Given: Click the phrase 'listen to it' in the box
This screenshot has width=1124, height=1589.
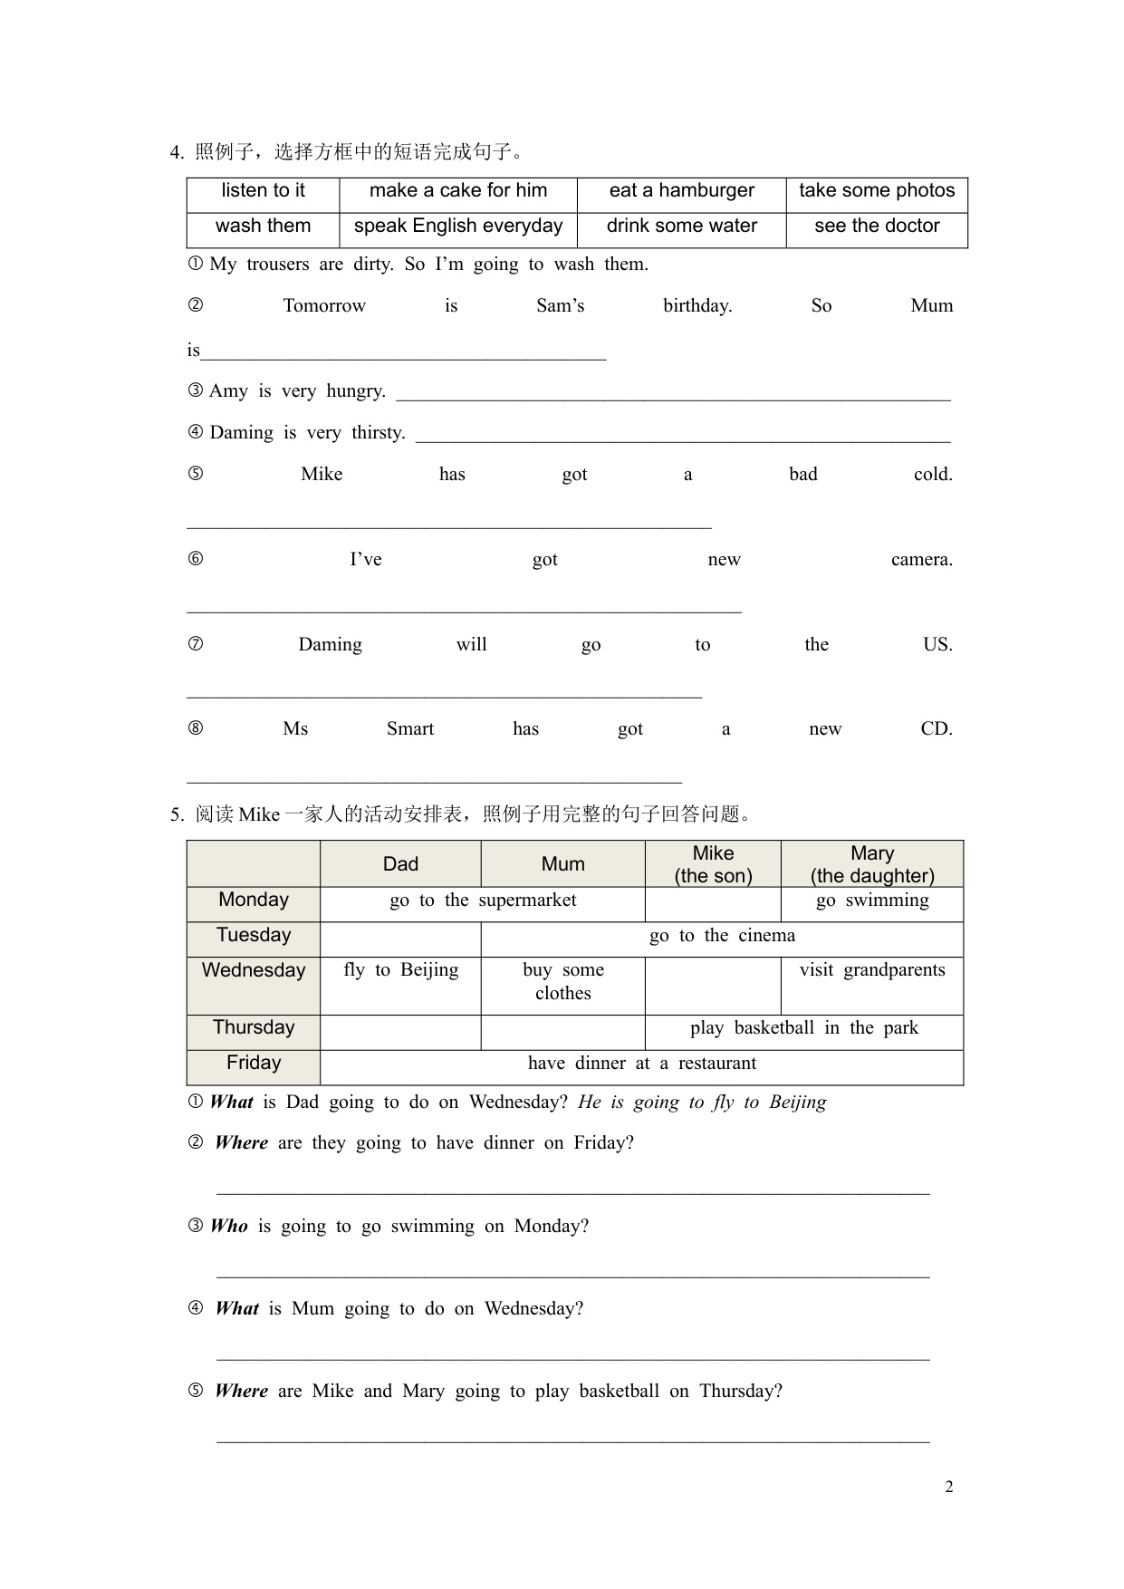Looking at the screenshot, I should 263,190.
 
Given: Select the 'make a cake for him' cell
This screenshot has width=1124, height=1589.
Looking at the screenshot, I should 458,190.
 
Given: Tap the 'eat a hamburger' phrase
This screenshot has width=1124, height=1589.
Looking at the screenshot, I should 681,190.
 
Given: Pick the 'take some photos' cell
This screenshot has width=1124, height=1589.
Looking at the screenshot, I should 877,190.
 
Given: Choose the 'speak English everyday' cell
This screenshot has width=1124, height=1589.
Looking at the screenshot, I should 458,226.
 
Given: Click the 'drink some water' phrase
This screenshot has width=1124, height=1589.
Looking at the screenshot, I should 681,226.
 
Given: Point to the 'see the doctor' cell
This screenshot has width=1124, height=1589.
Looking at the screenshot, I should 877,226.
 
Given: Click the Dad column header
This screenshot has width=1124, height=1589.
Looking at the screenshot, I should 400,864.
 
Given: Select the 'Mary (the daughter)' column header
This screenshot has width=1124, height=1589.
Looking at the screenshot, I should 872,864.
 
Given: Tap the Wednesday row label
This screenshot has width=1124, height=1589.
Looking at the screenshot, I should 254,970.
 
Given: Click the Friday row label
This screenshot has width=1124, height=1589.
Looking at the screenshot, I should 254,1063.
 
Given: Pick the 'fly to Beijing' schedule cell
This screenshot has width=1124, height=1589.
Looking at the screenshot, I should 400,970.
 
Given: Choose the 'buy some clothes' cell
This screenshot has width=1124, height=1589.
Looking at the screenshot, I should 562,982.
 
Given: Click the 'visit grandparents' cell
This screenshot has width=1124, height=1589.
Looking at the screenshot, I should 872,970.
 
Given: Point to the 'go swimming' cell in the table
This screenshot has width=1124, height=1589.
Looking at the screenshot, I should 872,900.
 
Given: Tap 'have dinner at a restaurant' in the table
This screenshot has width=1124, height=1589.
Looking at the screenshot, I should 641,1064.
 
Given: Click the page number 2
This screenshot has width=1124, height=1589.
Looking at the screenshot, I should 948,1487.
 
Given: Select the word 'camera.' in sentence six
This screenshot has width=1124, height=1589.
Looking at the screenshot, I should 921,560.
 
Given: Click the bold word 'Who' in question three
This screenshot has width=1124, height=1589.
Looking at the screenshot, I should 229,1227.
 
